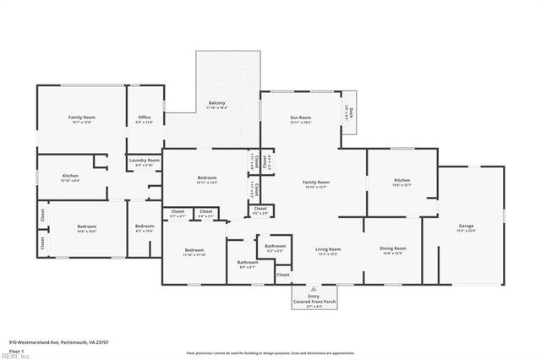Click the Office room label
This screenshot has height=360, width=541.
click(x=145, y=119)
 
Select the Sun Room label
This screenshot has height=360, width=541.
click(x=300, y=119)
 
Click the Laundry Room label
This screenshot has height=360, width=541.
click(x=144, y=161)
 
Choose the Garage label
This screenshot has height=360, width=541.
click(x=465, y=227)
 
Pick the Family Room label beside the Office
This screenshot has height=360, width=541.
click(x=81, y=118)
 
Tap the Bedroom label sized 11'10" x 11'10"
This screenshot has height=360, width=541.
click(x=195, y=251)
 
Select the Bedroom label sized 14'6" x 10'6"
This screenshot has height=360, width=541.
click(x=87, y=228)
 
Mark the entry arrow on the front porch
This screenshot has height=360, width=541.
click(x=313, y=289)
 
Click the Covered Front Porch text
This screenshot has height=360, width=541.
click(x=313, y=301)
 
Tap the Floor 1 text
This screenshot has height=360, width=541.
click(x=17, y=350)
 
